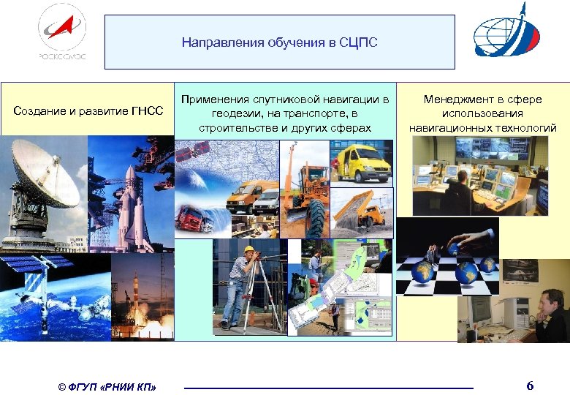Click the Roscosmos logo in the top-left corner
(62, 33)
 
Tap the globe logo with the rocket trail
(506, 33)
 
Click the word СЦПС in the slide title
(358, 42)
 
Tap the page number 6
(530, 385)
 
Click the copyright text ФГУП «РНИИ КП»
(106, 386)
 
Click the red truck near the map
(192, 218)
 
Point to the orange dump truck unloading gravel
(362, 212)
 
